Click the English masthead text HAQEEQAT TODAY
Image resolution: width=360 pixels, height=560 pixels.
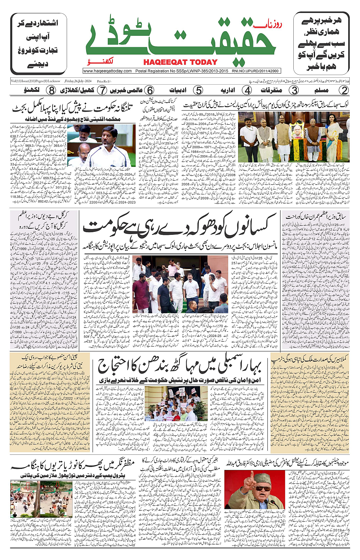coord(180,62)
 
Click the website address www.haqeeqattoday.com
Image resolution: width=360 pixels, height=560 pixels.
coord(107,71)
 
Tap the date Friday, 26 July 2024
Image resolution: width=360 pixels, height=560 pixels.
coord(78,81)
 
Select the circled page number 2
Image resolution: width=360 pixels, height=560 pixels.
coord(344,90)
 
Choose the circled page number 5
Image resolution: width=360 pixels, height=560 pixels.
coord(198,90)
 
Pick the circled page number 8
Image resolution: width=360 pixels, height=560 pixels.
coord(51,90)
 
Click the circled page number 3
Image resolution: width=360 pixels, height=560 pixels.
coord(294,90)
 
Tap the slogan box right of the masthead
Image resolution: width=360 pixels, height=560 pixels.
coord(321,43)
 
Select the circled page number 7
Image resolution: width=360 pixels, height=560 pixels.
coord(102,90)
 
